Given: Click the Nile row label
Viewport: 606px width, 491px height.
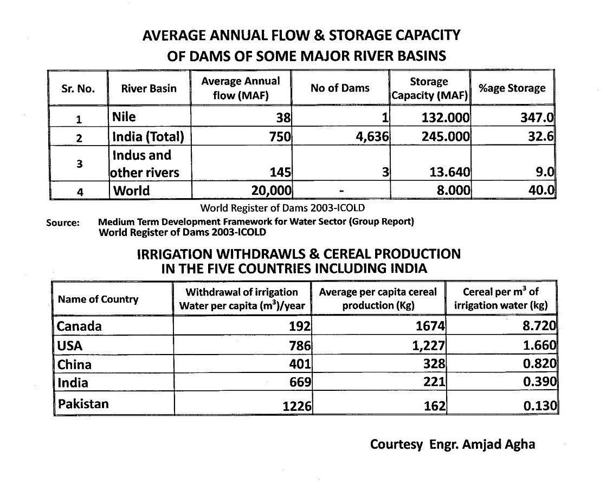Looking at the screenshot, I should [x=124, y=117].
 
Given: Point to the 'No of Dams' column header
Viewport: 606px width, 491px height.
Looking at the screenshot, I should [x=340, y=88].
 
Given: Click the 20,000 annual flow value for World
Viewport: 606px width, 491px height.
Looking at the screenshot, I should [x=272, y=191].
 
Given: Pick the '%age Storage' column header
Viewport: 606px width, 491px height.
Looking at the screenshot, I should [x=512, y=88].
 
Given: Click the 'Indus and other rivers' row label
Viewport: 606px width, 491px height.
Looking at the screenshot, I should [x=144, y=163].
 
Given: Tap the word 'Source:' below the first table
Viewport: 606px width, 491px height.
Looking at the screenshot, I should [x=63, y=222].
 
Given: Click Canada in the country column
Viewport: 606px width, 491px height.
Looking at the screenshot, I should [x=79, y=326].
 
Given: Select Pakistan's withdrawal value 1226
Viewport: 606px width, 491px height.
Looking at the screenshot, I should [x=297, y=405].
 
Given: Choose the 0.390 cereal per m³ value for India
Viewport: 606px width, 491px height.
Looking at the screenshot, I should [x=540, y=382].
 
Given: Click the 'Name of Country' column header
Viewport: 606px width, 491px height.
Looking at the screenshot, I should [x=98, y=299].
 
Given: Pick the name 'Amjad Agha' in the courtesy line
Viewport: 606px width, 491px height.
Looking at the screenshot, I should [x=499, y=444].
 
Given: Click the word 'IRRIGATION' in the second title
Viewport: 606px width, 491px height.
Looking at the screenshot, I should [x=176, y=254].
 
